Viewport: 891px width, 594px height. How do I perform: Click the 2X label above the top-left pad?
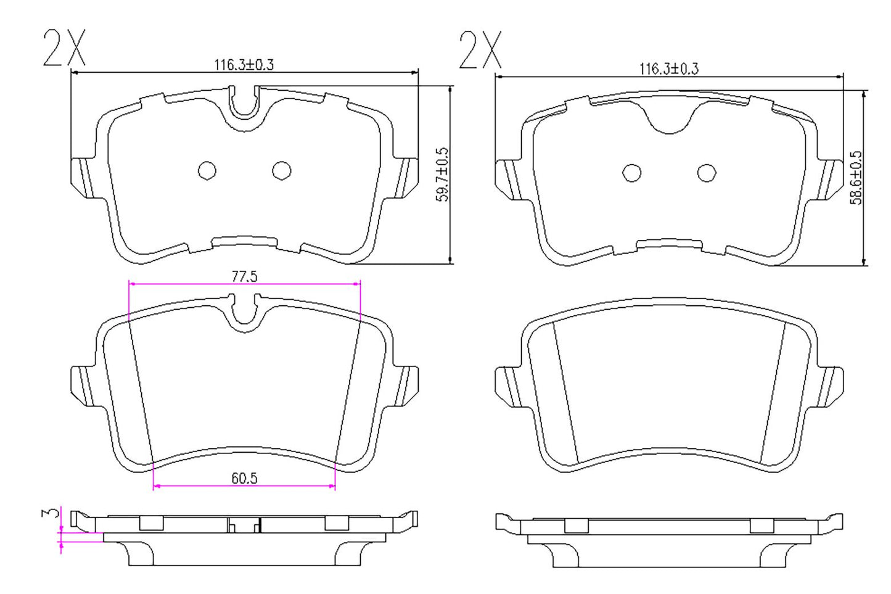(x=64, y=47)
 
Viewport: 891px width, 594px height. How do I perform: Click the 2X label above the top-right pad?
(x=480, y=50)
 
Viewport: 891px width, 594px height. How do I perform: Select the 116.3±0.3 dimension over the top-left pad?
(x=244, y=64)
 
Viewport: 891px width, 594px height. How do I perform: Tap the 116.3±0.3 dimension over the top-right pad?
(x=668, y=68)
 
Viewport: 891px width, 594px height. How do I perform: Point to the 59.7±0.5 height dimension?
(x=442, y=175)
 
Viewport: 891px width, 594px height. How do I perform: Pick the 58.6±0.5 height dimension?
(x=856, y=178)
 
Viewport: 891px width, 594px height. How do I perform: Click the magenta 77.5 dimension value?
(x=244, y=276)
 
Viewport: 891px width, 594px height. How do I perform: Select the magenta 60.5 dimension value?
(x=244, y=478)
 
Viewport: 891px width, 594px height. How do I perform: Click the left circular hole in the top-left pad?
(x=207, y=171)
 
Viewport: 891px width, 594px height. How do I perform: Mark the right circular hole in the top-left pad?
(x=282, y=171)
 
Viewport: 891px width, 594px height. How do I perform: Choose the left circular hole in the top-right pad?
(x=632, y=173)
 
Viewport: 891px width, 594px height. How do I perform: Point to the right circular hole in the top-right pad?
(x=707, y=173)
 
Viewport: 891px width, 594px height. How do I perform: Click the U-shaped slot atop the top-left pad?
(x=244, y=104)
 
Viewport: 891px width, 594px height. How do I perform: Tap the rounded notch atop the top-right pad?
(x=670, y=120)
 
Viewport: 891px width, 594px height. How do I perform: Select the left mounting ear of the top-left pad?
(x=83, y=178)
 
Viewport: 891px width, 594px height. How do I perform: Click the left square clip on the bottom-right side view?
(x=576, y=526)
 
